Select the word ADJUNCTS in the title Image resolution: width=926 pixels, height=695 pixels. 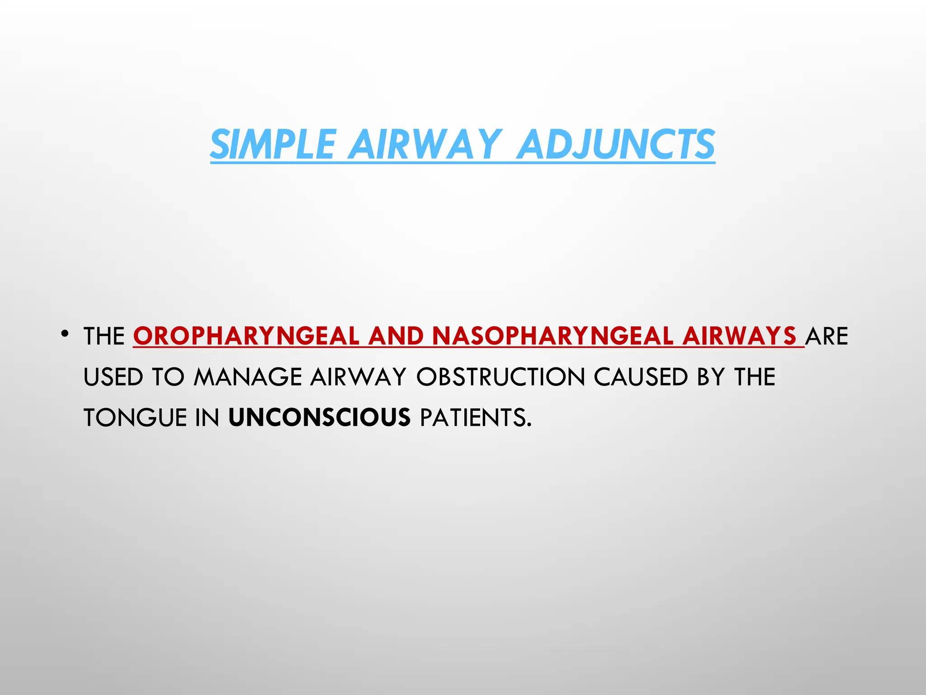pos(616,144)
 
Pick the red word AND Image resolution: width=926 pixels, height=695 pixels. pos(396,336)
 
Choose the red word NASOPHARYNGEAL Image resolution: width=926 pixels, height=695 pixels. pos(553,336)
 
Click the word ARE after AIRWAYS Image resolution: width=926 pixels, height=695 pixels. pos(827,336)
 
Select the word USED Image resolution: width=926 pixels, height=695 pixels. pos(113,377)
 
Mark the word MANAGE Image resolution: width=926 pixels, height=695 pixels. pos(248,377)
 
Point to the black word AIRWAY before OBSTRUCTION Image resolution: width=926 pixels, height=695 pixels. pos(358,377)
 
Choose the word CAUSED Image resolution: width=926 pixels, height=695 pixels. pos(641,377)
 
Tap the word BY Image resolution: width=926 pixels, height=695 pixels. pos(711,377)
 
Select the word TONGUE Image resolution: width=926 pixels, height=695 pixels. pos(135,417)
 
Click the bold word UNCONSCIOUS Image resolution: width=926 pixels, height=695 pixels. pos(320,417)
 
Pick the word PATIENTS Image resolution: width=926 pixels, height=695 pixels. pos(475,417)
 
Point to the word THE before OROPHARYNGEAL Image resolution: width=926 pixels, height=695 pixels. pos(104,336)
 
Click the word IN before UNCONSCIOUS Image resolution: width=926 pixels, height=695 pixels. pos(208,417)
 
